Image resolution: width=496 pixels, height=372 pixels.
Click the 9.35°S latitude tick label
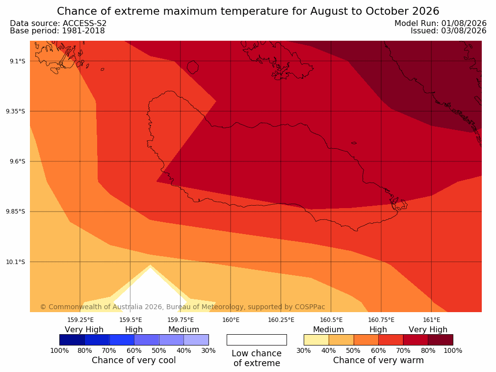[16, 111]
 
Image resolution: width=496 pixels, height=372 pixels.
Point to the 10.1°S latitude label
[16, 262]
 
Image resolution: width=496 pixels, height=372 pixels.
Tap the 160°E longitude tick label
[231, 320]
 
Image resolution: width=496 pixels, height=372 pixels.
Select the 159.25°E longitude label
[80, 320]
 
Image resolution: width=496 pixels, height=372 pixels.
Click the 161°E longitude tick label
[431, 320]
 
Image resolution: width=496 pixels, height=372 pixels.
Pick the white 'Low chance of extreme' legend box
[257, 340]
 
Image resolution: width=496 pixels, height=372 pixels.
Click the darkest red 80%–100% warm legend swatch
[441, 340]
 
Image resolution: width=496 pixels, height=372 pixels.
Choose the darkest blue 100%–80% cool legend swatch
[72, 340]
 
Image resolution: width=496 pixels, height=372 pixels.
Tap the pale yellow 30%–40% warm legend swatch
[316, 340]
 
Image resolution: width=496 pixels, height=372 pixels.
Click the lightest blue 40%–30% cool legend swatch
[196, 340]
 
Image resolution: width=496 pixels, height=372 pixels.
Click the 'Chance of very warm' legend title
[378, 360]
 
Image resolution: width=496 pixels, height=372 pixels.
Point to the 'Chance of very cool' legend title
[134, 360]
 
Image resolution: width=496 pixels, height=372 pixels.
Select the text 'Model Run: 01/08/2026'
[441, 24]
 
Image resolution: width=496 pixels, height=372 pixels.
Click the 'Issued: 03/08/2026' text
[448, 31]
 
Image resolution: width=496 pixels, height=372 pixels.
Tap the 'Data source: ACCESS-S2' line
[58, 24]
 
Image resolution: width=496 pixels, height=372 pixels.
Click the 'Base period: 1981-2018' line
[57, 31]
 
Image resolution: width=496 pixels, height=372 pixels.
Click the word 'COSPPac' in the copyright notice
[310, 307]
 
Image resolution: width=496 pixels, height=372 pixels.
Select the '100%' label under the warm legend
[453, 350]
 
